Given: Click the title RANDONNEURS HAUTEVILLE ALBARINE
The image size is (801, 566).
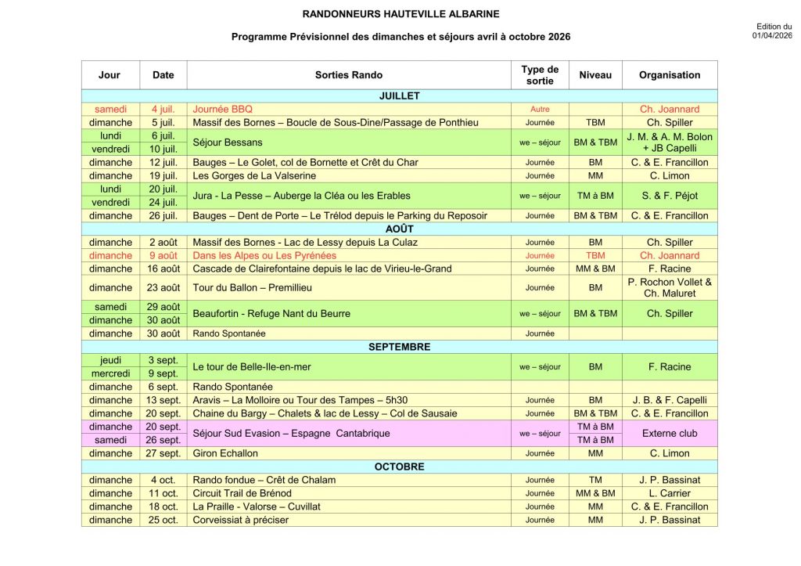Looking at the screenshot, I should tap(400, 14).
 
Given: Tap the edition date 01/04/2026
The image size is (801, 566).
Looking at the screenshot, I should tap(772, 35).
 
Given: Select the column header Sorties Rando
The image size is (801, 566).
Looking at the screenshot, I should tap(349, 75).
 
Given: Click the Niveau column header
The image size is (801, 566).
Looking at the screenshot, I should tap(595, 75).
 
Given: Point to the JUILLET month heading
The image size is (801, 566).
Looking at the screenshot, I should tap(399, 96).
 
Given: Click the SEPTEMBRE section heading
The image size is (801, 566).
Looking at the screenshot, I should tap(399, 347).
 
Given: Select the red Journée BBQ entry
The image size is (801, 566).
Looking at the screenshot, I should tap(223, 110).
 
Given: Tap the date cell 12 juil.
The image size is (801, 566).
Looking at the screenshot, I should tap(163, 163).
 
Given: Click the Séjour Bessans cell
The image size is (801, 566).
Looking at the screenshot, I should tap(228, 142).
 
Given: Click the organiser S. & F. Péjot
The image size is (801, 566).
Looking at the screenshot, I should tap(670, 196).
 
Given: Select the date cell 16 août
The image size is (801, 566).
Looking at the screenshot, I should tap(163, 269).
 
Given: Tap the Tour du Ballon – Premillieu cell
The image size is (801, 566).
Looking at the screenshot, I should tap(252, 287).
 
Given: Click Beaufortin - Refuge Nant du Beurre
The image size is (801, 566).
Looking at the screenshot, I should tap(271, 314).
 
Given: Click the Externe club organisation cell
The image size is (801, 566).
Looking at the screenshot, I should tap(670, 434).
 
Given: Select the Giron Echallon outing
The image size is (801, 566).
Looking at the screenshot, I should tap(225, 453).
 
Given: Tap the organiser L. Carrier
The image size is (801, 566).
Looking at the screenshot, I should tap(670, 494).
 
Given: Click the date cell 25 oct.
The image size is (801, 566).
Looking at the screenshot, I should tap(163, 521).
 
